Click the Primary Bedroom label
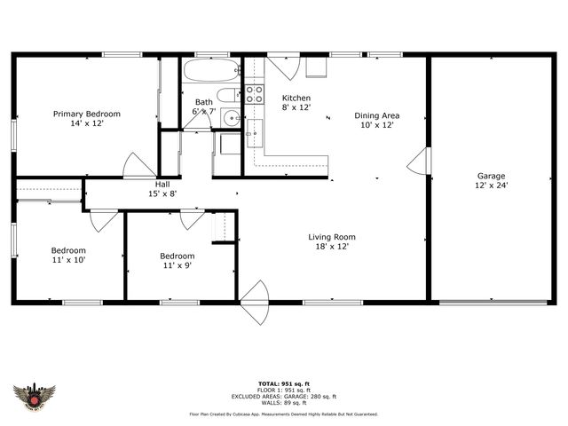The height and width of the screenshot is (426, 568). (x=86, y=114)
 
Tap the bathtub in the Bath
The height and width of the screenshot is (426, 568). (x=210, y=71)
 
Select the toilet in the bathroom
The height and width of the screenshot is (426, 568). (x=228, y=95)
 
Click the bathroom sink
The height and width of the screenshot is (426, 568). (x=231, y=116)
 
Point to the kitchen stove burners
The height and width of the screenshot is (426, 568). (x=254, y=92)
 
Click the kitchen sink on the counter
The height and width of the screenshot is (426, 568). (x=254, y=133)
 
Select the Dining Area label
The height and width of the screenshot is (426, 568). (x=376, y=115)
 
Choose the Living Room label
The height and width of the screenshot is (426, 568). (x=332, y=237)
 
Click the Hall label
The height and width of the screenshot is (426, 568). (x=162, y=184)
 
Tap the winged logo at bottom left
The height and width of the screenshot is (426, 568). (x=35, y=397)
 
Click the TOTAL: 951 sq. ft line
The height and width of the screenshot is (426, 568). (x=283, y=383)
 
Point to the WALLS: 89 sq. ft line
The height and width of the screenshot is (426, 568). (x=283, y=403)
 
